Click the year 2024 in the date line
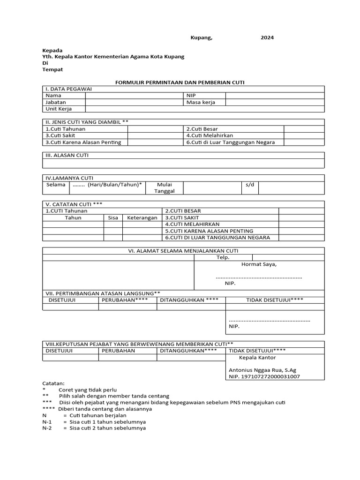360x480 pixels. pos(267,37)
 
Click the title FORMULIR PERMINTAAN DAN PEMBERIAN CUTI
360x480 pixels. pos(180,82)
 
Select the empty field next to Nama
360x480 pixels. pos(134,95)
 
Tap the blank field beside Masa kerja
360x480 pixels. pos(275,102)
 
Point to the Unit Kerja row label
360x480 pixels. pos(59,109)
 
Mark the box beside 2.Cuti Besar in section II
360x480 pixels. pos(304,129)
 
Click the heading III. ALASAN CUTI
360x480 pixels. pos(67,155)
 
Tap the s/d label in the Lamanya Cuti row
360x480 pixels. pos(249,185)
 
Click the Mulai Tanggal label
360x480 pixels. pos(165,188)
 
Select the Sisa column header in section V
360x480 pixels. pos(113,218)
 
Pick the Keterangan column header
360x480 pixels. pos(142,218)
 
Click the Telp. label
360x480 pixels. pos(223,257)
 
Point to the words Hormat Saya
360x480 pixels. pos(259,264)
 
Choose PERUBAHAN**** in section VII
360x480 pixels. pos(127,300)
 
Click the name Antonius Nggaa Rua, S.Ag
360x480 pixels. pos(262,370)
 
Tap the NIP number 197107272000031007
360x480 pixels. pos(264,376)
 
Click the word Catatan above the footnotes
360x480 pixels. pos(53,383)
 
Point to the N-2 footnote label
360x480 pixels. pos(47,428)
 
